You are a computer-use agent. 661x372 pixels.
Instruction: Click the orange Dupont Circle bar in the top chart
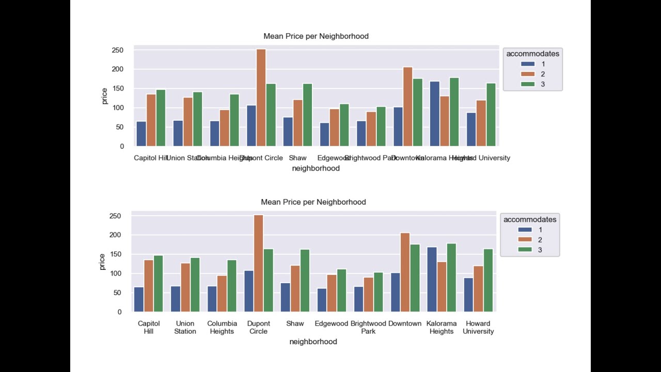click(x=261, y=98)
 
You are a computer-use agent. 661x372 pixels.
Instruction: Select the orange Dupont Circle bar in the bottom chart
click(x=259, y=263)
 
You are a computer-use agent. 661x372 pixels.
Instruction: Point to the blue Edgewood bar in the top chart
click(x=324, y=134)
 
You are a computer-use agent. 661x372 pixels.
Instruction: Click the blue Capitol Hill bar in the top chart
click(x=141, y=134)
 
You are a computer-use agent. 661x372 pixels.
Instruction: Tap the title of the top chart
click(x=316, y=36)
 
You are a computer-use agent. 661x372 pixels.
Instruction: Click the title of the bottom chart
click(x=313, y=202)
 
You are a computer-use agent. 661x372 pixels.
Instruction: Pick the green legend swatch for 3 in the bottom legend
click(x=525, y=250)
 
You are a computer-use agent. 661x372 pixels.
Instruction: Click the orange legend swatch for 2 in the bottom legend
click(x=525, y=240)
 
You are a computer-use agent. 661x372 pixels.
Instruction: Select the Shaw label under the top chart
click(x=298, y=158)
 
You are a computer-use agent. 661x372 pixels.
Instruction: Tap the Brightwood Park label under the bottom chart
click(x=368, y=328)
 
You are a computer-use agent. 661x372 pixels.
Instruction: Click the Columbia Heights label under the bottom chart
click(x=222, y=328)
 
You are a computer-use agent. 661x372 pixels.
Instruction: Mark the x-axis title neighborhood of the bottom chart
click(x=313, y=342)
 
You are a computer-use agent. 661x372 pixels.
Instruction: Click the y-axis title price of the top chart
click(x=104, y=96)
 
